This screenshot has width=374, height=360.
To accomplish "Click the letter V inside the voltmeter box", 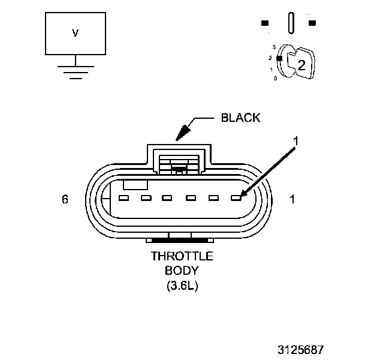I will [75, 34].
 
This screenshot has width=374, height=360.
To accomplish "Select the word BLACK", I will [241, 118].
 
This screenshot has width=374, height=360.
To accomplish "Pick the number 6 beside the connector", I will [65, 199].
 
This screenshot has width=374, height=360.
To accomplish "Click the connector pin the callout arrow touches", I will [236, 197].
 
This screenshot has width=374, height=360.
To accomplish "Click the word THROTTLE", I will [182, 256].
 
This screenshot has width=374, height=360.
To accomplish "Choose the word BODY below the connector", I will [182, 271].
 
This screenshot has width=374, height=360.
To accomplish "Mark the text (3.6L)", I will [182, 286].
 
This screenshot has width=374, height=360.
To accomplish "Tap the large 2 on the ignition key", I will [301, 65].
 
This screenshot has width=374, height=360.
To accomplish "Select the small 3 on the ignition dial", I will [273, 47].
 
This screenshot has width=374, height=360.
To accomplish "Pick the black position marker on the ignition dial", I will [279, 58].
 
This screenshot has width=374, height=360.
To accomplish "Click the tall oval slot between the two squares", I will [291, 23].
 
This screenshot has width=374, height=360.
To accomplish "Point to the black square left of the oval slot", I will [264, 23].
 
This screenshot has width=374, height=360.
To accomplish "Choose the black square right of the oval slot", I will [312, 23].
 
